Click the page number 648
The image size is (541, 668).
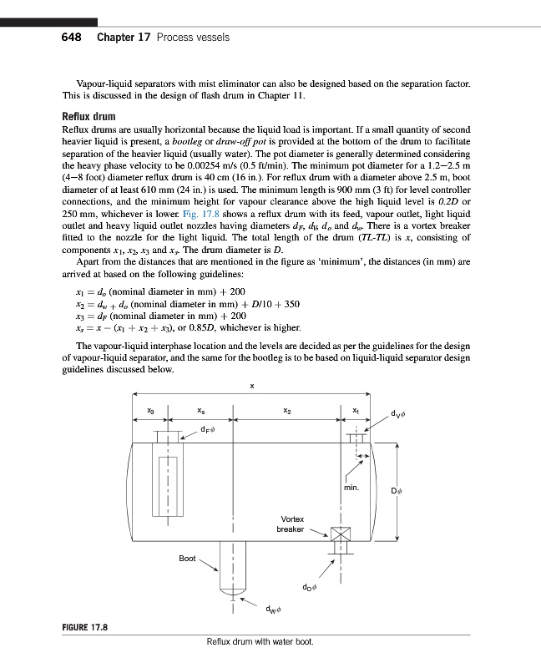point(72,38)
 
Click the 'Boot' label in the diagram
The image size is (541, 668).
point(187,558)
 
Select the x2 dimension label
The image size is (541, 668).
point(287,410)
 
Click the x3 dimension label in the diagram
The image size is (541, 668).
point(150,410)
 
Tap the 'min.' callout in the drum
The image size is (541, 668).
point(351,486)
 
